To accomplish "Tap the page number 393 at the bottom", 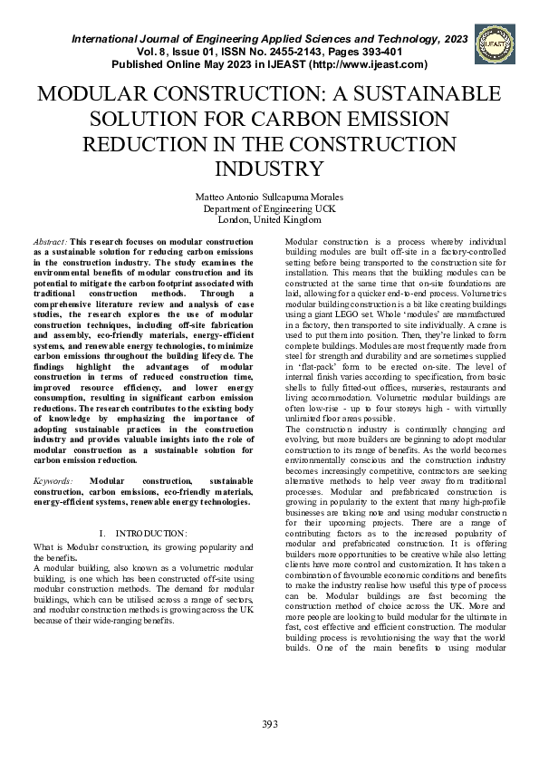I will pyautogui.click(x=269, y=722).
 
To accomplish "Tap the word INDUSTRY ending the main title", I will pyautogui.click(x=269, y=169).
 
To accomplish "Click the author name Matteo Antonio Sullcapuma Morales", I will pyautogui.click(x=269, y=197).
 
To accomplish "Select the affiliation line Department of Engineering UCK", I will pyautogui.click(x=269, y=208).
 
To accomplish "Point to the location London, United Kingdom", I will pyautogui.click(x=269, y=219).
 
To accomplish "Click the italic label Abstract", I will pyautogui.click(x=49, y=243).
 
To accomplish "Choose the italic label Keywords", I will pyautogui.click(x=53, y=480).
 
